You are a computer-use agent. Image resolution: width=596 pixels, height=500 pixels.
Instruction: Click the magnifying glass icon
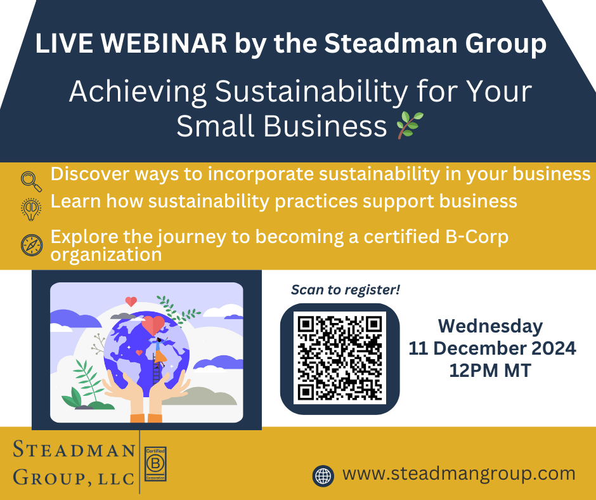coord(31,181)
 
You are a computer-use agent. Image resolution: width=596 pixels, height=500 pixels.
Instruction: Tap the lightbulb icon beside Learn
coord(31,209)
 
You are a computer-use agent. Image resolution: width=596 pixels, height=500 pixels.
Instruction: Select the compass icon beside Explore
coord(32,245)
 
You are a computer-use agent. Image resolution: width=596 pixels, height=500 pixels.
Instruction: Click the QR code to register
coord(340,359)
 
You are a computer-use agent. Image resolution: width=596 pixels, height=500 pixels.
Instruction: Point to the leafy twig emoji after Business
coord(410,125)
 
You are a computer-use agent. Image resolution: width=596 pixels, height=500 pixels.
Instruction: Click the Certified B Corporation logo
coord(156,464)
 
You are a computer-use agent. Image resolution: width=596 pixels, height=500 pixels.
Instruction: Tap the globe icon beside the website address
coord(323,476)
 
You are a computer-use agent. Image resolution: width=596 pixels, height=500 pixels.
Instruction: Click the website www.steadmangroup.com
coord(459,474)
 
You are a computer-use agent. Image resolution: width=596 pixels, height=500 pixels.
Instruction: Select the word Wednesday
coord(490,326)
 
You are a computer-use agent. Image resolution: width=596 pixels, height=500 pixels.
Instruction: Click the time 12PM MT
coord(490,371)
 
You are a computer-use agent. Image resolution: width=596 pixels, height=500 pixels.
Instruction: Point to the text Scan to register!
coord(346,290)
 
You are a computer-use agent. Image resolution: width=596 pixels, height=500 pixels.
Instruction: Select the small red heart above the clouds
coord(131,301)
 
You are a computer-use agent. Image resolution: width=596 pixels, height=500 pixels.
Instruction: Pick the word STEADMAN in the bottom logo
coord(74,449)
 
